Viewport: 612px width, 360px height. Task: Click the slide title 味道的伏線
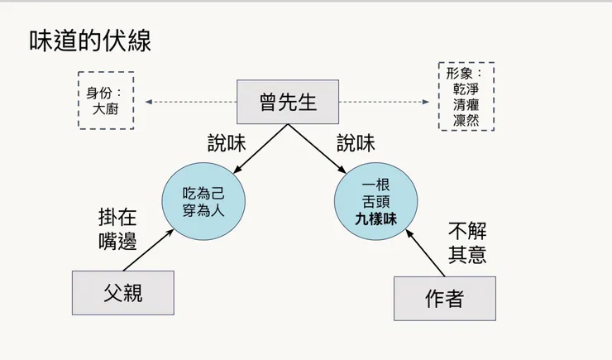90,41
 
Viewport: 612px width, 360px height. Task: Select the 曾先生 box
288,102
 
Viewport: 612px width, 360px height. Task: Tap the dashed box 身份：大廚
106,99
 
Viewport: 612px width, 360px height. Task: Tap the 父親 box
122,292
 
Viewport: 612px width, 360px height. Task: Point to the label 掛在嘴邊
117,230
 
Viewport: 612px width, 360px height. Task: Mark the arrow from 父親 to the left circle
149,249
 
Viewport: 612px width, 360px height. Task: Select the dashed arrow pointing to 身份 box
190,102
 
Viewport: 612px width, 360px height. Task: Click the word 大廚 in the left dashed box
106,108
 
